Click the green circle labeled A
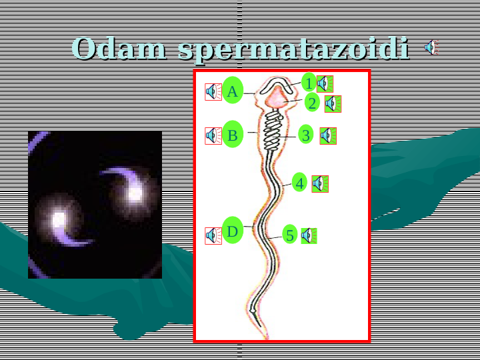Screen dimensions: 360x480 pos(232,91)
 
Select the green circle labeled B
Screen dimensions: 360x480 pos(232,135)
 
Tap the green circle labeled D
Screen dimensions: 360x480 pos(232,231)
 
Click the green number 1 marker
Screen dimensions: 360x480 pos(308,83)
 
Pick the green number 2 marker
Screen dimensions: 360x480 pos(312,103)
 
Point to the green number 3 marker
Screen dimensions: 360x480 pos(305,135)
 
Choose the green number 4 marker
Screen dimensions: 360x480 pos(300,183)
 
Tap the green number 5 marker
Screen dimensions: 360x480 pos(289,235)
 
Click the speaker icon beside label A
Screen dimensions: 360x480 pos(213,91)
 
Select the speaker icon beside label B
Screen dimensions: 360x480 pos(213,135)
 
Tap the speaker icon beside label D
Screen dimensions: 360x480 pos(213,235)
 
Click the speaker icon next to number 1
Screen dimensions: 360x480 pos(325,83)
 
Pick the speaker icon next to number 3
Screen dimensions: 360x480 pos(327,135)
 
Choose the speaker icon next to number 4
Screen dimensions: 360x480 pos(320,183)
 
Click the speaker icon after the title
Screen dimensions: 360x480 pos(431,48)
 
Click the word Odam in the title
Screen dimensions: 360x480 pos(120,49)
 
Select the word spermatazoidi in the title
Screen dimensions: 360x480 pos(294,50)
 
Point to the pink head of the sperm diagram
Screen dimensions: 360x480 pos(276,97)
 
